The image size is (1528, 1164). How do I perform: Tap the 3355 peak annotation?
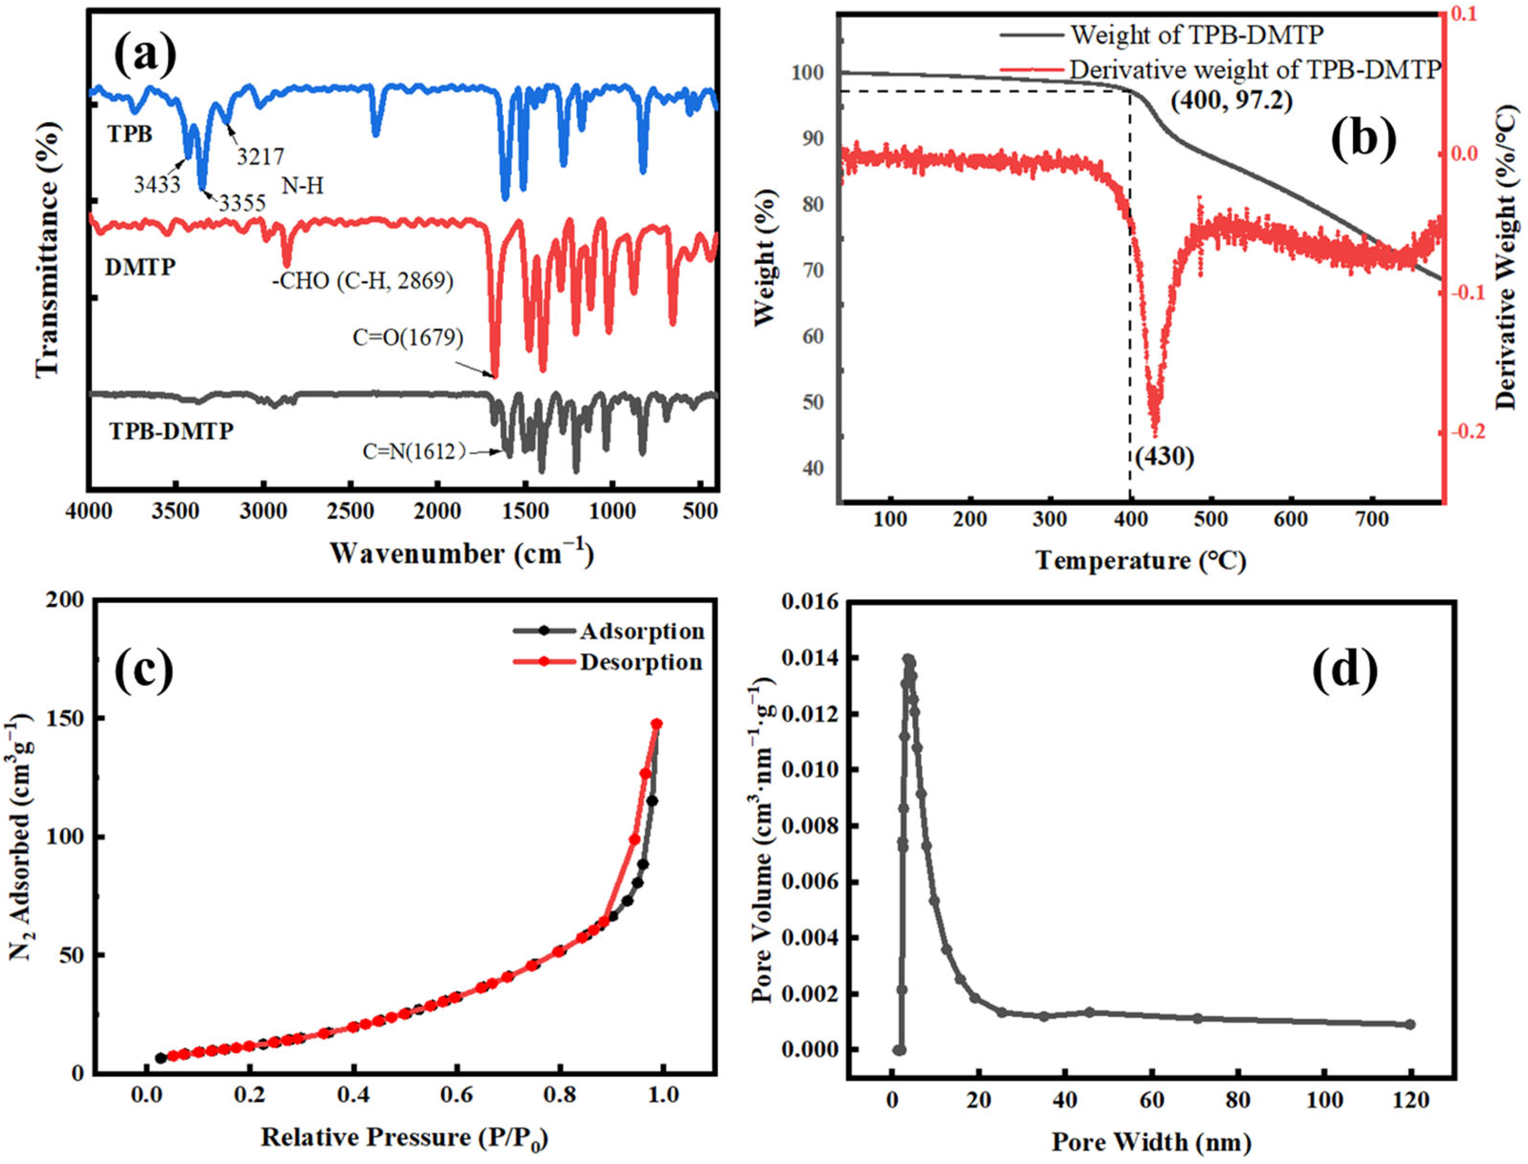tap(242, 203)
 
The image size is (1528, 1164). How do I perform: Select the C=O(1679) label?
tap(408, 338)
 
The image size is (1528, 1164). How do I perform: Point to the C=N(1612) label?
tap(414, 452)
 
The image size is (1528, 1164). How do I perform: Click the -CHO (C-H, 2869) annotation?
tap(363, 281)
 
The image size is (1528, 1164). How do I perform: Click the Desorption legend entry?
tap(640, 662)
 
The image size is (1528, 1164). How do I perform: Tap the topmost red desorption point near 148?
tap(657, 724)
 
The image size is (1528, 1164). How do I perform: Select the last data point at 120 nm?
tap(1410, 1024)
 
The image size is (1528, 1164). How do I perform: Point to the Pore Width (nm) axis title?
tap(1151, 1141)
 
